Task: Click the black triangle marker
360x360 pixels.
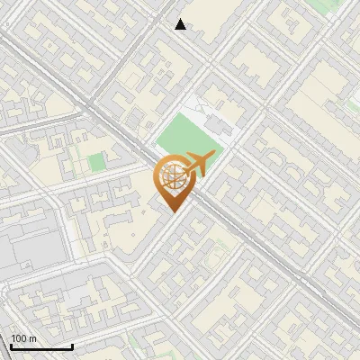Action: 181,24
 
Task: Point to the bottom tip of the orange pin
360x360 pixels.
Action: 172,211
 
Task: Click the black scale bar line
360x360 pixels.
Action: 41,346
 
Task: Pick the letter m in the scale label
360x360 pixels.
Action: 33,338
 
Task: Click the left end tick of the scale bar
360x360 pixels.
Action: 11,345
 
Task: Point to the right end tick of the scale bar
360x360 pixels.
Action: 72,345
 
